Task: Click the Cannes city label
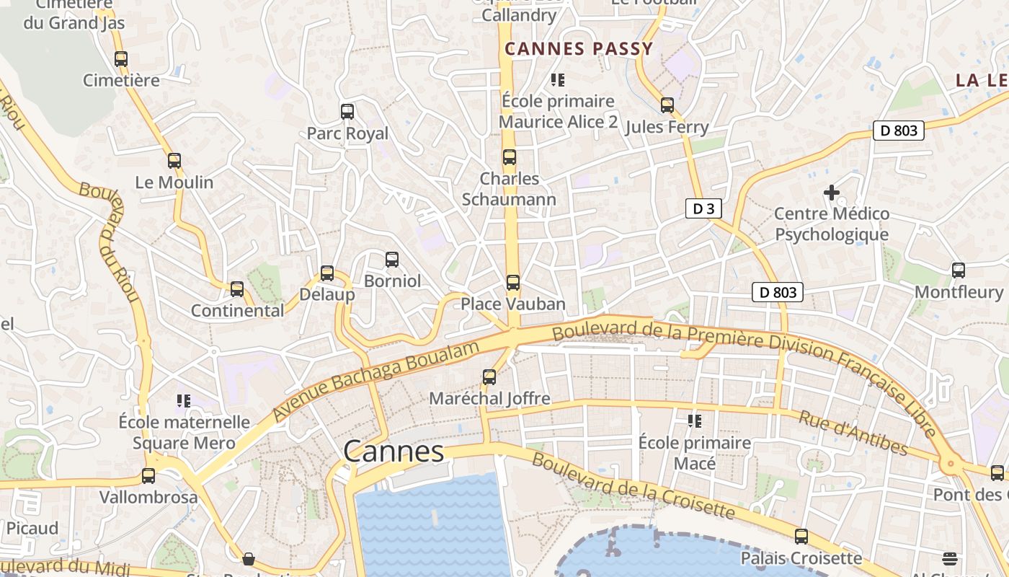(394, 452)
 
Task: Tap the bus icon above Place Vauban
(513, 282)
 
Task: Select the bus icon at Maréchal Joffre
(489, 376)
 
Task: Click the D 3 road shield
(703, 209)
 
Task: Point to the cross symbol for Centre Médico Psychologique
(832, 193)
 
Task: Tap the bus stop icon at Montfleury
(959, 270)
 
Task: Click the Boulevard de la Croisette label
(633, 487)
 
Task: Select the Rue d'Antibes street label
(853, 433)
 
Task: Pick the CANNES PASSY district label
(579, 49)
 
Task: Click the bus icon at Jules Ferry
(667, 105)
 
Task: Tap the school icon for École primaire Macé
(695, 420)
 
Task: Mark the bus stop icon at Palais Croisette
(801, 537)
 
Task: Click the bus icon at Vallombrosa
(148, 476)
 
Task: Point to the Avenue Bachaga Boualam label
(375, 382)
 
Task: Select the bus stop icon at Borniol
(392, 259)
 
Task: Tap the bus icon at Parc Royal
(347, 112)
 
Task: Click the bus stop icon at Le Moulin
(174, 161)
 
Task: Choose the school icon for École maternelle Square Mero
(184, 400)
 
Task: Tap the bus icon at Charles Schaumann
(510, 157)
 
